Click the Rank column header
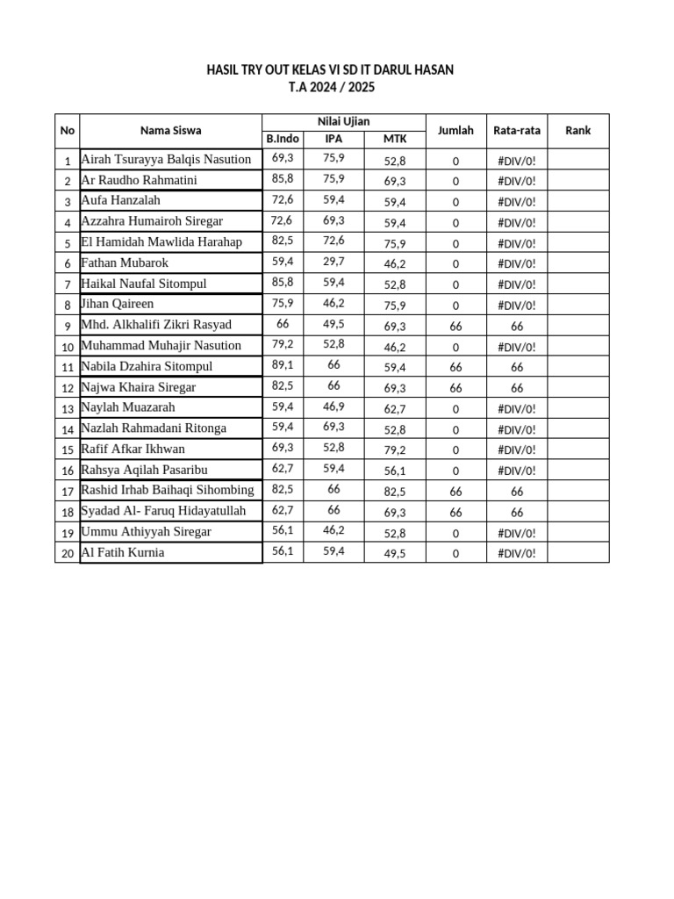[x=577, y=130]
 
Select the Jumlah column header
[x=455, y=130]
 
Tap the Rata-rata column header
[x=517, y=130]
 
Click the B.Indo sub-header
[x=283, y=139]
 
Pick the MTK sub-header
[x=395, y=139]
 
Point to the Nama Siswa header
[x=170, y=130]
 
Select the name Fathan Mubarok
[x=125, y=263]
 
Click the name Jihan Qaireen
[x=117, y=304]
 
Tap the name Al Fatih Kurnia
[x=122, y=552]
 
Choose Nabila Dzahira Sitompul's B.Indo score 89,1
[x=283, y=364]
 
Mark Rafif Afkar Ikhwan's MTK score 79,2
[x=395, y=449]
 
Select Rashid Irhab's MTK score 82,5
[x=395, y=491]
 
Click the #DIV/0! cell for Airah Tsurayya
[x=517, y=161]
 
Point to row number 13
[x=67, y=409]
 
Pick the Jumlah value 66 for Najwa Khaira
[x=455, y=387]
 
